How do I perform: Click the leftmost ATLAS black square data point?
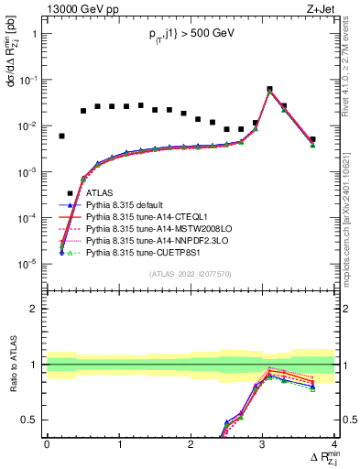[x=61, y=136]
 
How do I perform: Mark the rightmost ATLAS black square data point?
[x=312, y=139]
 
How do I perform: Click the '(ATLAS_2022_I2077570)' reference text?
[x=191, y=274]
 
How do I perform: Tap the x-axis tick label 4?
[x=334, y=444]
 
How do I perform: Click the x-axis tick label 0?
[x=47, y=444]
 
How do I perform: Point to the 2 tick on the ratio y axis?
[x=34, y=309]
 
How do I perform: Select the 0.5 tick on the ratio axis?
[x=30, y=420]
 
